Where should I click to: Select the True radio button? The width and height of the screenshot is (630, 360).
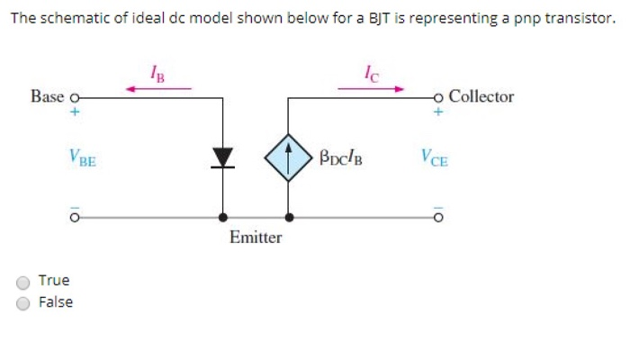(x=24, y=281)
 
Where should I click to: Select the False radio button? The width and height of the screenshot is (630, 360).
(x=24, y=302)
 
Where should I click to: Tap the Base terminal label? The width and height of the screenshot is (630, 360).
(x=47, y=96)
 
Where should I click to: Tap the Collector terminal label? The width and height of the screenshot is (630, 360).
(x=481, y=96)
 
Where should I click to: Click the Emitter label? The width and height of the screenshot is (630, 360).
(x=256, y=238)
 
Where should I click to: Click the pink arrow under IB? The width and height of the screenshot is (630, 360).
(x=158, y=88)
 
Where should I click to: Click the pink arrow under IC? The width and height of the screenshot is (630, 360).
(x=371, y=88)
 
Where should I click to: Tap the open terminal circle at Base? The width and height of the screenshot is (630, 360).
(x=76, y=96)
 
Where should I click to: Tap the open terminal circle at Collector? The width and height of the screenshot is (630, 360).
(x=438, y=96)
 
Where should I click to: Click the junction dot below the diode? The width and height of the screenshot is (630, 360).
(x=223, y=217)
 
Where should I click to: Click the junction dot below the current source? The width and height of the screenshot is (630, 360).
(x=288, y=217)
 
